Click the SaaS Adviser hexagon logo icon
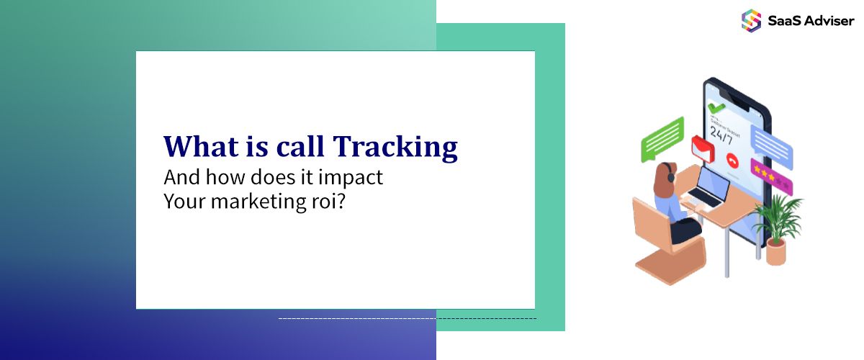(751, 20)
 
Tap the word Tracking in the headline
(395, 146)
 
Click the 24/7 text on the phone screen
(724, 132)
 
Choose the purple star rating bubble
(772, 175)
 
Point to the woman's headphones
(670, 174)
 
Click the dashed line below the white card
(407, 318)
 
